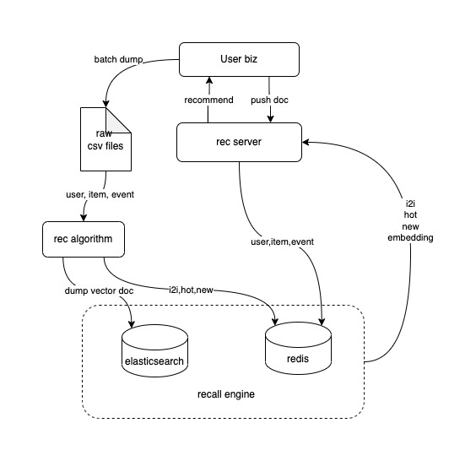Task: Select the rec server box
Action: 238,142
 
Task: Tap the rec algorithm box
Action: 84,241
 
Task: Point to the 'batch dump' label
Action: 119,60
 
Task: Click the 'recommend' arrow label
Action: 209,100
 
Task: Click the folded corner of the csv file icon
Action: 123,119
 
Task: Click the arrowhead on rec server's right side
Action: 306,142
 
